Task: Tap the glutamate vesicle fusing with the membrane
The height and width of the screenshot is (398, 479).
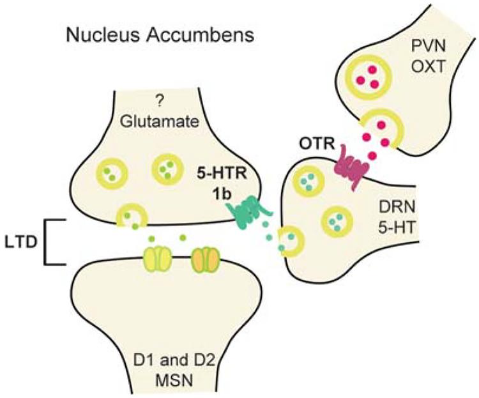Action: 133,216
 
